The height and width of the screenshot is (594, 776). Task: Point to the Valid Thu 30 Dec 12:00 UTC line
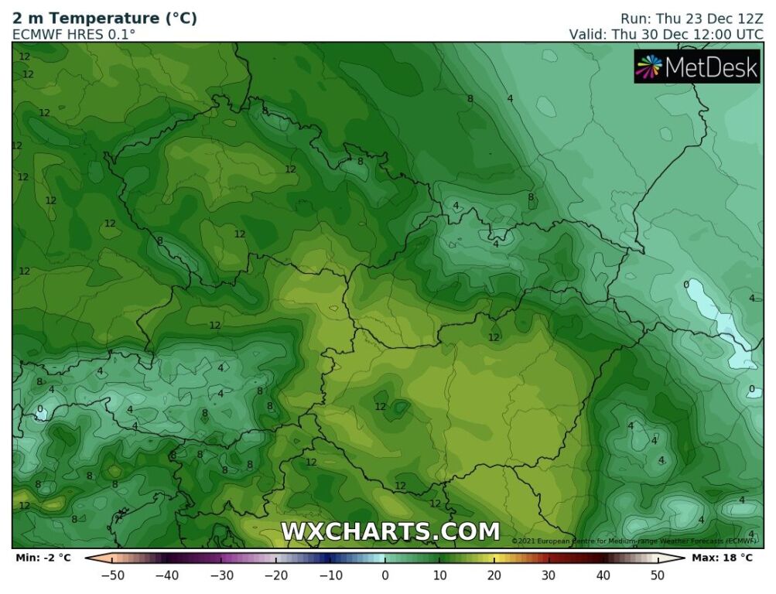(666, 34)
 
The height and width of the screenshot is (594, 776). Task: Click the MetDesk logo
(697, 67)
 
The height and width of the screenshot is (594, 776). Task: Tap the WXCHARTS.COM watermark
(390, 531)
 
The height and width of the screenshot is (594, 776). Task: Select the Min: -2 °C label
(43, 557)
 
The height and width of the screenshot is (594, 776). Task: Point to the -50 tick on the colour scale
(112, 575)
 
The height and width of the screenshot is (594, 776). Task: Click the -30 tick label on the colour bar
(221, 575)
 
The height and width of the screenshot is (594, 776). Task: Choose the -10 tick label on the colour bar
(330, 575)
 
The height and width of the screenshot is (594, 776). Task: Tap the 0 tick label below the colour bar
(385, 575)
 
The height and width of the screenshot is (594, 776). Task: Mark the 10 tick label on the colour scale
(439, 575)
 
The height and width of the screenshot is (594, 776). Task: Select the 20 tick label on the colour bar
(494, 575)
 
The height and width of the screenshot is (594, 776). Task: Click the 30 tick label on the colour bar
(549, 575)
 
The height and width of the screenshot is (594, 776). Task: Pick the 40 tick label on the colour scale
(603, 575)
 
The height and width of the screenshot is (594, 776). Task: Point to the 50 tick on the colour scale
(658, 575)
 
